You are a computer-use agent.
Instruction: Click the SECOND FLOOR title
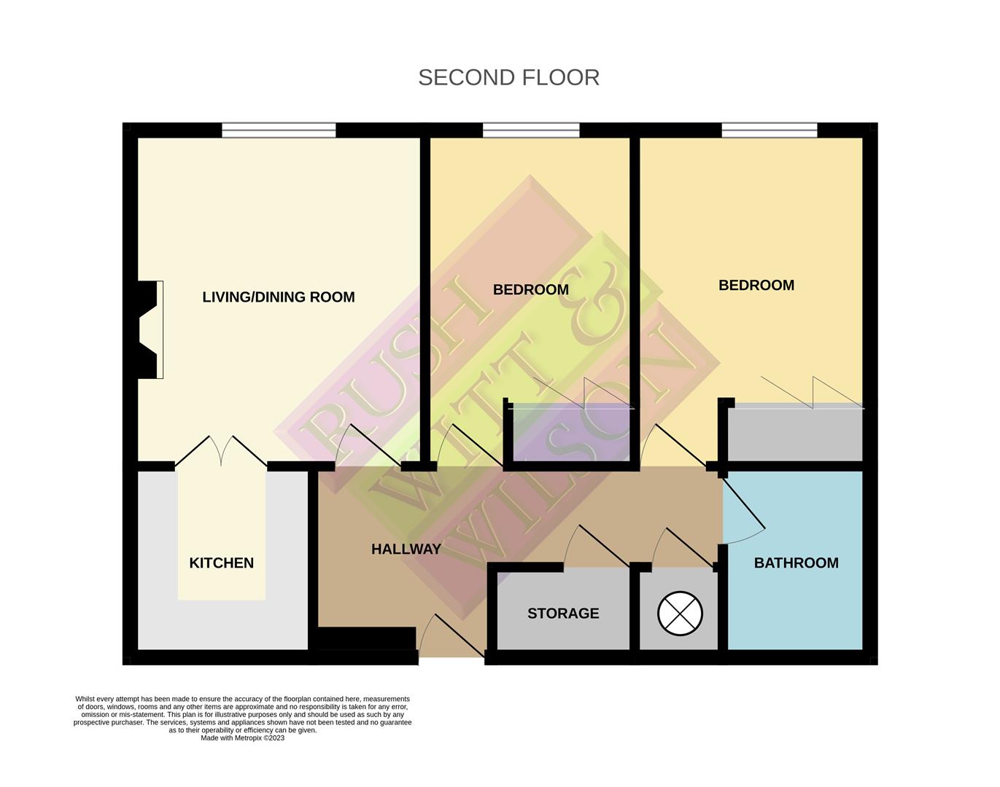[x=508, y=77]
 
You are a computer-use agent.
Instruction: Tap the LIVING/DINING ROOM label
[x=278, y=297]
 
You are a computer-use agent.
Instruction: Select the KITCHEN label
[x=221, y=563]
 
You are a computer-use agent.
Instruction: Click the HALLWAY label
[x=406, y=549]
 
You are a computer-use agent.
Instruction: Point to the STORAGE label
[x=563, y=614]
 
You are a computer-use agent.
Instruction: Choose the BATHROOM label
[x=796, y=563]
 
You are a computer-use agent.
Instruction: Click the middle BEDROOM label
[x=530, y=289]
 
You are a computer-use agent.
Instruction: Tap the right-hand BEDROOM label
[x=756, y=285]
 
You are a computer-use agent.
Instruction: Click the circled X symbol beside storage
[x=680, y=613]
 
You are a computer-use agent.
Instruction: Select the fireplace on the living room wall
[x=150, y=329]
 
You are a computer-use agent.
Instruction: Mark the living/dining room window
[x=279, y=130]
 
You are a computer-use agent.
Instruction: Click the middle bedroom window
[x=531, y=130]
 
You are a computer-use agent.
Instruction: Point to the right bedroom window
[x=770, y=130]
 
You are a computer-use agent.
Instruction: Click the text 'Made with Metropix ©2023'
[x=242, y=737]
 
